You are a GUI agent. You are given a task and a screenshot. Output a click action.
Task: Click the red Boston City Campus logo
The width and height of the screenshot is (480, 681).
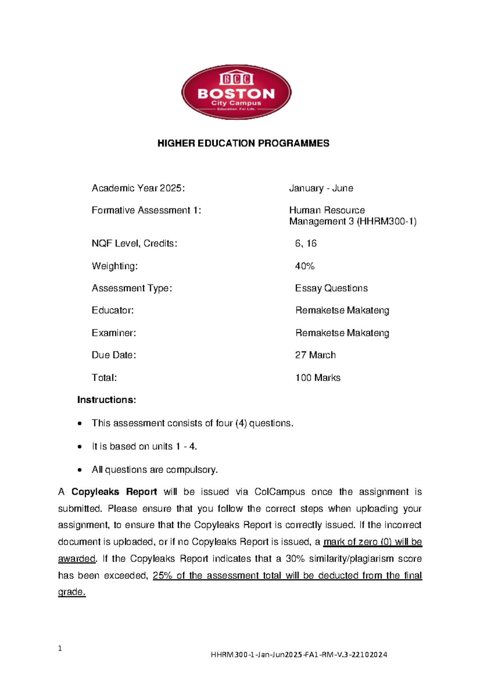[x=236, y=92]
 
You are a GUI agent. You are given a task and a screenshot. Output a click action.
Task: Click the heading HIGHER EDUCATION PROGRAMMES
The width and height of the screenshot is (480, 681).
[x=243, y=143]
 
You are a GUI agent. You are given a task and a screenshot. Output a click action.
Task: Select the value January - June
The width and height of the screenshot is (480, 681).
[x=321, y=188]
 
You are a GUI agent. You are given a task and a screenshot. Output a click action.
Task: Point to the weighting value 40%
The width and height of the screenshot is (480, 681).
[x=304, y=266]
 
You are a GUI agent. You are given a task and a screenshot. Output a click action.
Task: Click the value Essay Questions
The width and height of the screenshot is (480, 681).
[x=331, y=288]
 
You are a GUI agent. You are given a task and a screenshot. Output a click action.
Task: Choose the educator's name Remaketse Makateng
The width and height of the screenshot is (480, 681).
[x=342, y=311]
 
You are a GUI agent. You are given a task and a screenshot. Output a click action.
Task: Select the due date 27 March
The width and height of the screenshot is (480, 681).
[x=315, y=355]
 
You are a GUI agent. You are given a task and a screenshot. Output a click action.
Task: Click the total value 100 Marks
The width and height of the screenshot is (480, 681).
[x=318, y=378]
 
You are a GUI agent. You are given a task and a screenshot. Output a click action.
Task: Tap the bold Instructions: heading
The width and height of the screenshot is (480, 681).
[x=106, y=400]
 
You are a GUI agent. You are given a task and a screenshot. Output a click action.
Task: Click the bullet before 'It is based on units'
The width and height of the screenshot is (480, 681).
[x=80, y=447]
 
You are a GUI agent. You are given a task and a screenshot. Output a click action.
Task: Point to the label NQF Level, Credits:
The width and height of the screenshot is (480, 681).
[x=134, y=243]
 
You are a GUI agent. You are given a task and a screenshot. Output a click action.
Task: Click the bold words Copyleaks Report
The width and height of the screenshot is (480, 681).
[x=114, y=492]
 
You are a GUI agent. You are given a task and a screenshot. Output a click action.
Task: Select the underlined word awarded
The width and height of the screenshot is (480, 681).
[x=77, y=558]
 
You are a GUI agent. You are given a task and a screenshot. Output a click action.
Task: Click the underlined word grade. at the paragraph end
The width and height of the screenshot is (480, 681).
[x=72, y=592]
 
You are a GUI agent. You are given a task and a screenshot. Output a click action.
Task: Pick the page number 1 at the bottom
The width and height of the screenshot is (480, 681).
[x=60, y=649]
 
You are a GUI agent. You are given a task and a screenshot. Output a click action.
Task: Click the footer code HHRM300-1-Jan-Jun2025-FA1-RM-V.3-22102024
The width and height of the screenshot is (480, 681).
[x=299, y=655]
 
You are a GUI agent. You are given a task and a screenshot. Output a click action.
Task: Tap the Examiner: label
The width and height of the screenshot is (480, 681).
[x=114, y=333]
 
